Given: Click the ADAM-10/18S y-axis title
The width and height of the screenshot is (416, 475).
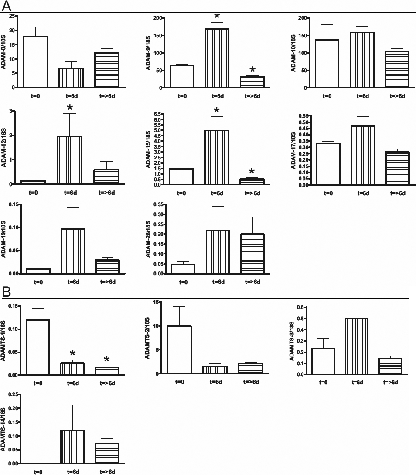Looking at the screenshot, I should point(296,53).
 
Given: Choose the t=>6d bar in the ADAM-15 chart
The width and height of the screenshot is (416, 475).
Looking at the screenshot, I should point(252,182).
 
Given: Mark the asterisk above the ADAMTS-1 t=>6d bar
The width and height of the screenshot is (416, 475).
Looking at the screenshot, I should point(107,360).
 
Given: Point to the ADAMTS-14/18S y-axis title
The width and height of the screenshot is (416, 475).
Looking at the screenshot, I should point(4,429).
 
